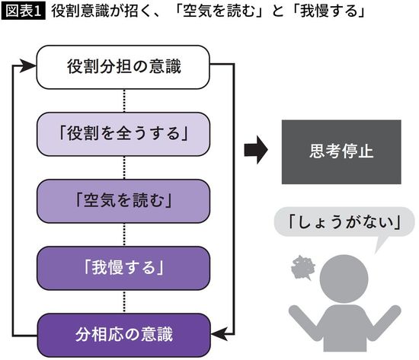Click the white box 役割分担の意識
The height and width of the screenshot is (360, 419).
pos(123,68)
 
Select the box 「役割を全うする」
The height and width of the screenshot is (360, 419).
pos(123,134)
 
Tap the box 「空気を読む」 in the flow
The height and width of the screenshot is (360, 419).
pos(123,201)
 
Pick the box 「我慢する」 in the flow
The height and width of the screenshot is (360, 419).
pos(123,267)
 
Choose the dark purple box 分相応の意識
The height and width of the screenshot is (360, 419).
pos(123,333)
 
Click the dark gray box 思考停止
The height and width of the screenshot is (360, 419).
pos(341,151)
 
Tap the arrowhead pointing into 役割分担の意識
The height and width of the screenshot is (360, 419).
pos(30,67)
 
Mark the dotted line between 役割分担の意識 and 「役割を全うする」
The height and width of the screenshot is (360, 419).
pos(123,100)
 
